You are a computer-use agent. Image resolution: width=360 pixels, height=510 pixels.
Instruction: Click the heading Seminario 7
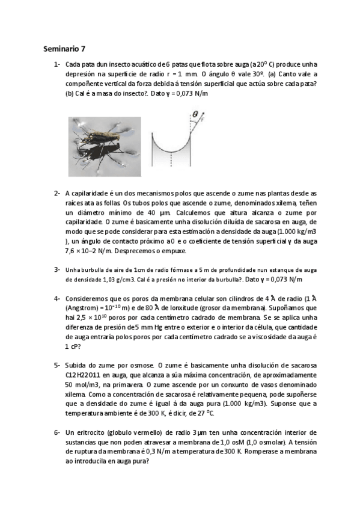66,48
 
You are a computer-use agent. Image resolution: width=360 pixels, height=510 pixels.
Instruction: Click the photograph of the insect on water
105,144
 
